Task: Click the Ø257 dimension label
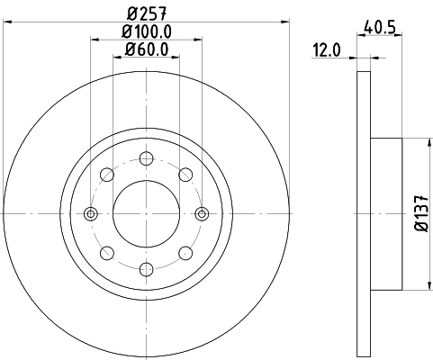coord(146,13)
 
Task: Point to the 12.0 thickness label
coord(326,50)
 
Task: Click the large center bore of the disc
coord(146,213)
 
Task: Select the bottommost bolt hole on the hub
coord(146,268)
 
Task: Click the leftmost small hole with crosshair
coord(90,213)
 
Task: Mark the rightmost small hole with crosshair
coord(202,213)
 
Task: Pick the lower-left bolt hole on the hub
coord(107,252)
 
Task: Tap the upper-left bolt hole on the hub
coord(107,175)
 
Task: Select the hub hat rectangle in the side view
coord(386,213)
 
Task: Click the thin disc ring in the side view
coord(364,213)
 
